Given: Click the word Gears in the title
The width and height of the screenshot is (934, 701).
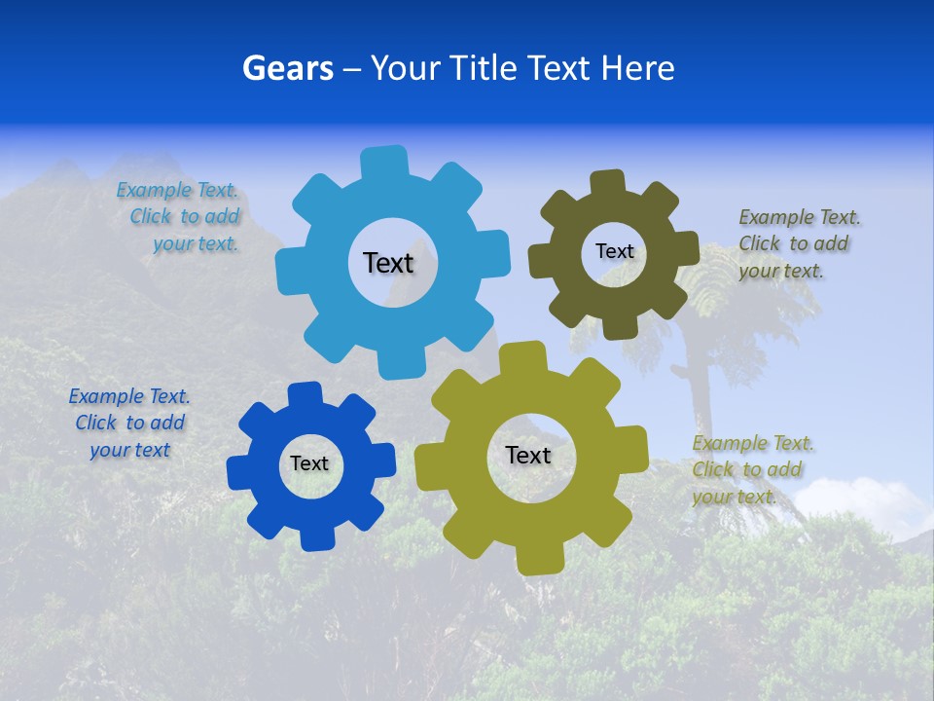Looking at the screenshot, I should (285, 68).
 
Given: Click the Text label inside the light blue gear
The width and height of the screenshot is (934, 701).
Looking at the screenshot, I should (388, 263).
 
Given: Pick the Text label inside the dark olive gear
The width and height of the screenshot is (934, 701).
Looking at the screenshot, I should (614, 251).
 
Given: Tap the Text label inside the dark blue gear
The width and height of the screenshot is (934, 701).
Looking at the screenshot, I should (309, 463).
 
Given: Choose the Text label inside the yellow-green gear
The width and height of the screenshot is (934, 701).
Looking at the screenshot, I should (528, 455).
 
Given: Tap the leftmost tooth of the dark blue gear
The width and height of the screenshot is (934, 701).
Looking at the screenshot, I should (239, 472).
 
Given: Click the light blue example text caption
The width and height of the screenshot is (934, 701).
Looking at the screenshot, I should (180, 217).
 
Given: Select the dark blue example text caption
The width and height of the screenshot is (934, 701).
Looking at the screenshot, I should (129, 423).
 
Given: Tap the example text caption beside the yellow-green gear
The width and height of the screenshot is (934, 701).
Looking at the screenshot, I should (751, 469).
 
